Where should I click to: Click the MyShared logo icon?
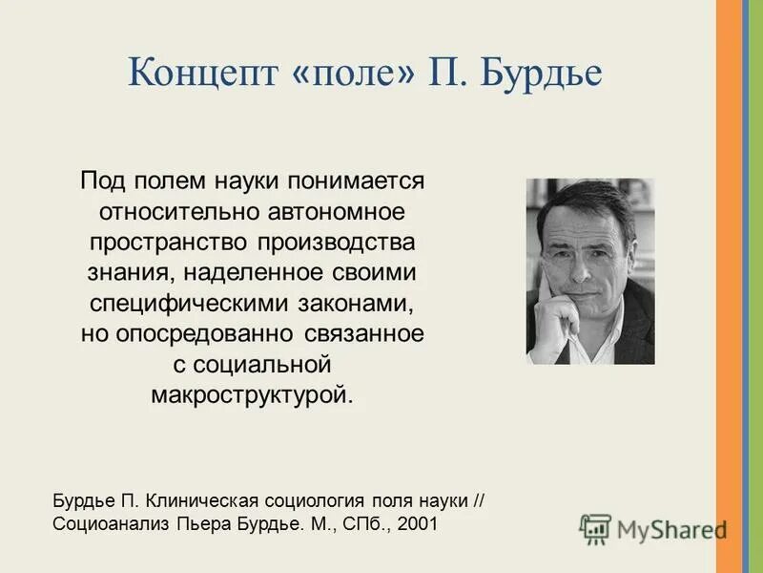click(x=595, y=527)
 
